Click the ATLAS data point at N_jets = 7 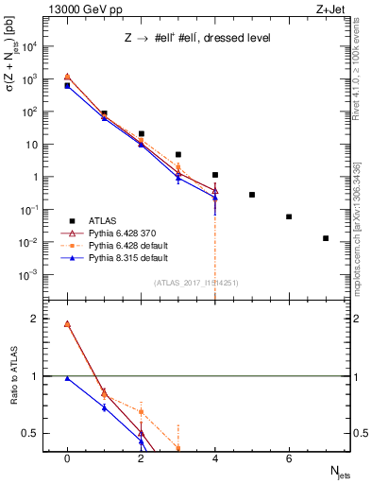click(326, 238)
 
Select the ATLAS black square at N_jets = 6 click(289, 216)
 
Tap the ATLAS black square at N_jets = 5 click(252, 195)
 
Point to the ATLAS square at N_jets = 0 click(67, 86)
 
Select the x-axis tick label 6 click(289, 458)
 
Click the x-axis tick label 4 click(215, 458)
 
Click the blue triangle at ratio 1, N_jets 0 click(67, 378)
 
